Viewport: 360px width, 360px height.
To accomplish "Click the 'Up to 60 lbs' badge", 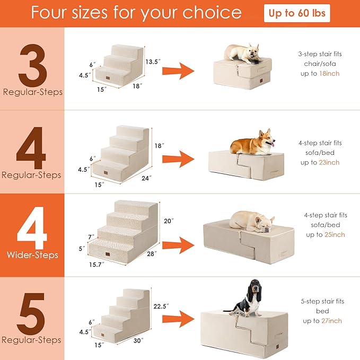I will click(x=297, y=14).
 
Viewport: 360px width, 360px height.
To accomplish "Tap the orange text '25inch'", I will click(x=334, y=235).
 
